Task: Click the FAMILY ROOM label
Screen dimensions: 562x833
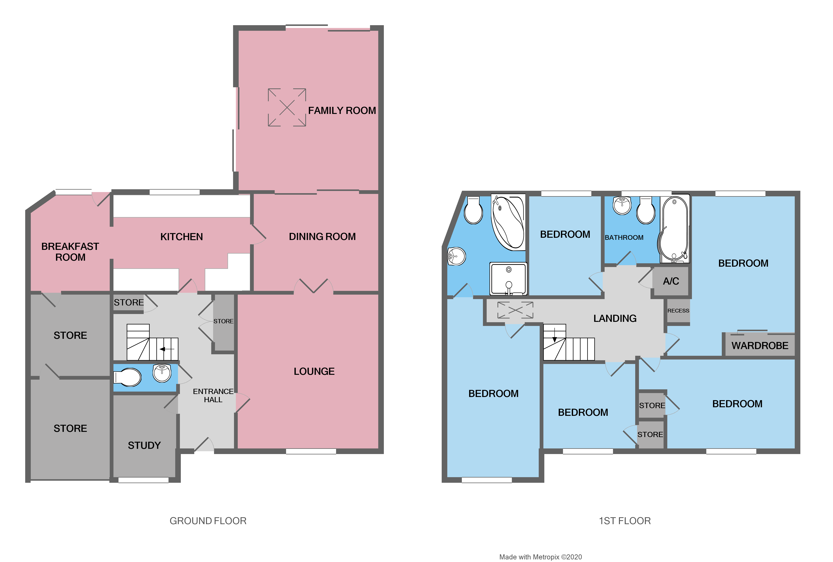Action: tap(342, 111)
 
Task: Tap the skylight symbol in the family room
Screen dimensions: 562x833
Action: tap(287, 107)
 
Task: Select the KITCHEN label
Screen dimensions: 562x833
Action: tap(181, 237)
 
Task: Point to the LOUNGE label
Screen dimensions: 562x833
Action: tap(314, 371)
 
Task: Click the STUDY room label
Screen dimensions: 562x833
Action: tap(144, 445)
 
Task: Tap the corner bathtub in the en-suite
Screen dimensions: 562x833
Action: tap(508, 222)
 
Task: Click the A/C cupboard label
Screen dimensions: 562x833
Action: tap(671, 281)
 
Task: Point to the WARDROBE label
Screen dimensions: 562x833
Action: tap(759, 346)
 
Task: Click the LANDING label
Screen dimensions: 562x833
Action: tap(615, 318)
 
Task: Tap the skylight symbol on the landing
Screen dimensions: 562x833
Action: tap(515, 310)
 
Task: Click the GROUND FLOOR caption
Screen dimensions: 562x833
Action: tap(208, 521)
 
